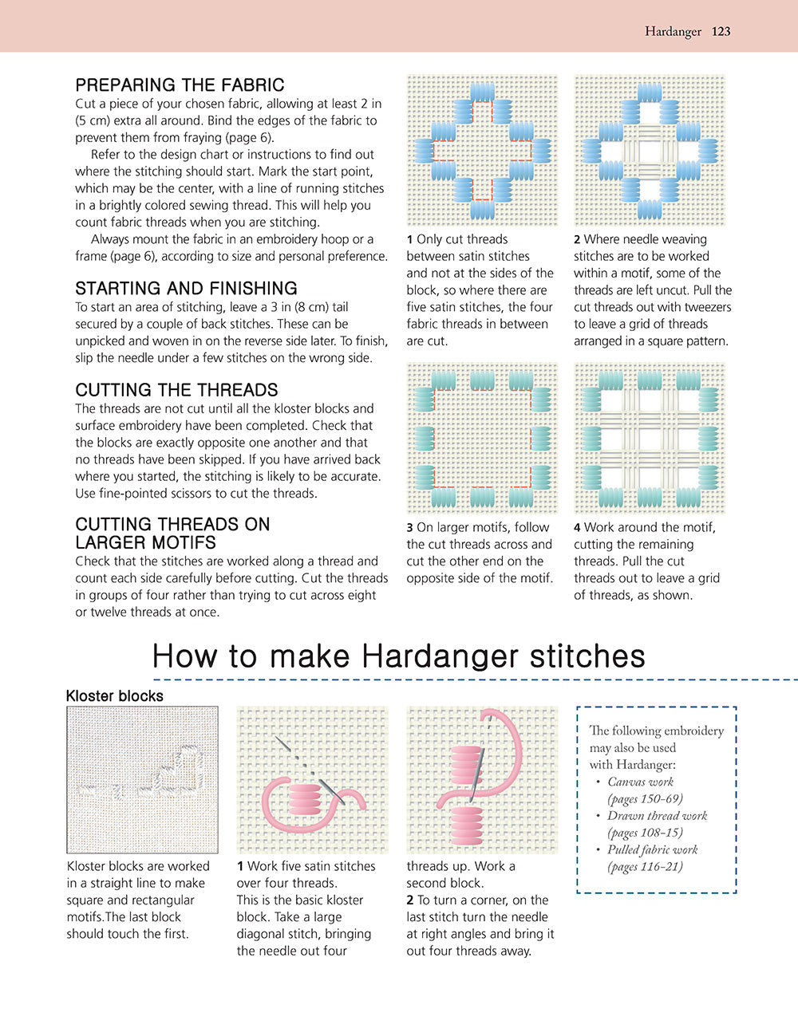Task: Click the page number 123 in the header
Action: coord(721,32)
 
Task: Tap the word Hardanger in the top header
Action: coord(672,32)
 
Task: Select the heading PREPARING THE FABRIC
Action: coord(180,85)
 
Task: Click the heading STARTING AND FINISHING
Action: coord(186,289)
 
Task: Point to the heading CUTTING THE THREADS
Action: coord(176,390)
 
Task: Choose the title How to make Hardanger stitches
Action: coord(398,656)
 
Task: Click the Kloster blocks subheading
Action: coord(114,696)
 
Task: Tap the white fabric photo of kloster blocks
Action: coord(142,779)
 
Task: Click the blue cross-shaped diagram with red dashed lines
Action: coord(482,150)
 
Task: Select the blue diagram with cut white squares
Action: coord(649,150)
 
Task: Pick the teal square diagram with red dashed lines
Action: coord(482,437)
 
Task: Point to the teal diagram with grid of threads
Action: coord(649,437)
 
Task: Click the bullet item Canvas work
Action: coord(640,782)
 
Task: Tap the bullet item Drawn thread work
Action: coord(657,816)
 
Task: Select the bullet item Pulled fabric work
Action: coord(652,850)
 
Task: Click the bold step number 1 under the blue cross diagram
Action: coord(410,239)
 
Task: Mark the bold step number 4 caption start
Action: coord(578,527)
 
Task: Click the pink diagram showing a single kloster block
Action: coord(312,779)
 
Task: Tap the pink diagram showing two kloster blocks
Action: coord(482,779)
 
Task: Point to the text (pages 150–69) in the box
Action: coord(645,799)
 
